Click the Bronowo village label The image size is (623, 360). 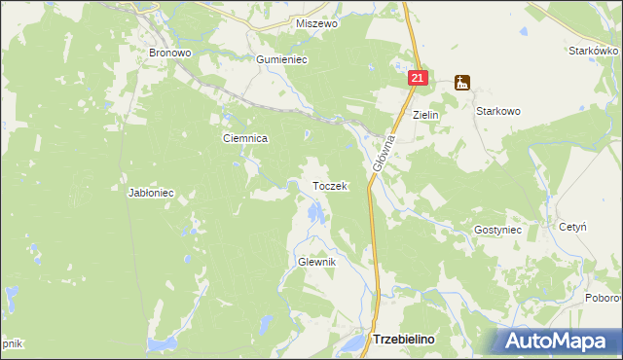tap(166, 53)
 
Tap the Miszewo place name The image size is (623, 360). tap(315, 23)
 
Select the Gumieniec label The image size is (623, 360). tap(281, 59)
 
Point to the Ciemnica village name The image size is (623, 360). tap(245, 139)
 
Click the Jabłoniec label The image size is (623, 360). tap(151, 193)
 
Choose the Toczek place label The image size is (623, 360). tap(329, 186)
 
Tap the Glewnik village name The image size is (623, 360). tap(316, 263)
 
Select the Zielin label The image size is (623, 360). tap(426, 115)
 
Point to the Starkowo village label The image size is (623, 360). tap(498, 112)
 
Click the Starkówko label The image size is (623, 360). tap(594, 50)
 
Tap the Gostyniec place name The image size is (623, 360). tap(498, 230)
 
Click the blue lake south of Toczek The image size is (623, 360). tap(313, 212)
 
